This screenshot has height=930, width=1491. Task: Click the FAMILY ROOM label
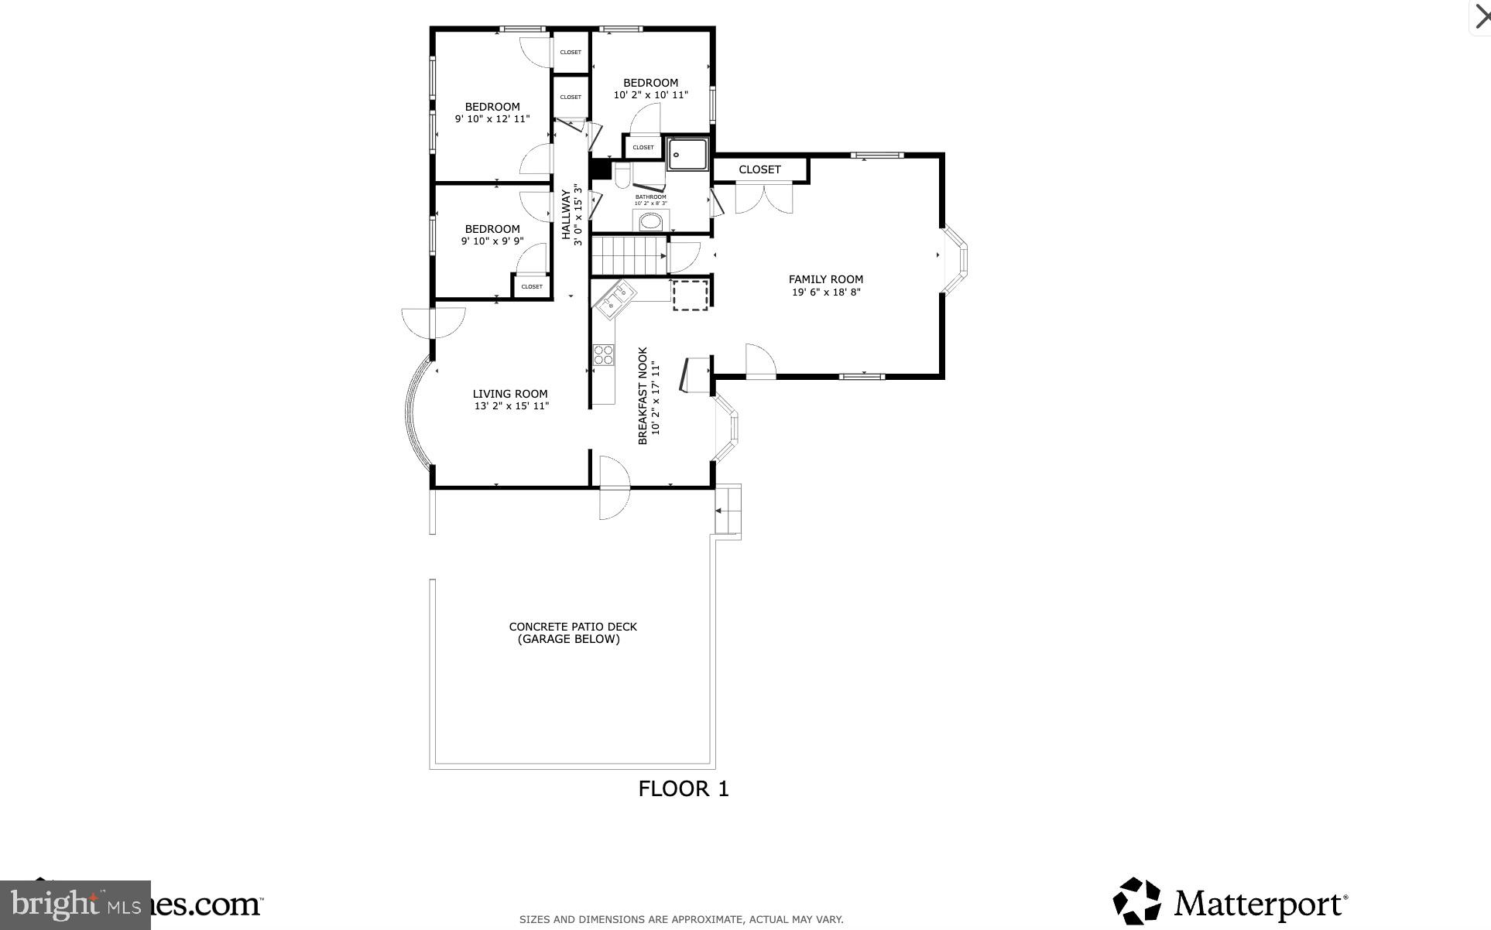[825, 279]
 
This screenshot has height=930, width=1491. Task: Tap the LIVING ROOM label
[510, 394]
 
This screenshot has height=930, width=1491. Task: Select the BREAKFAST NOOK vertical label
[643, 395]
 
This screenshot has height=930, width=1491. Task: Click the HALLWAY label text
[566, 214]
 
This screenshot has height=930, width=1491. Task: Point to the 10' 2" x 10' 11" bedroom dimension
[650, 95]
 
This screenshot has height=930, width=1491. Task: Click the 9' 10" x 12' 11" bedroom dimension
[492, 119]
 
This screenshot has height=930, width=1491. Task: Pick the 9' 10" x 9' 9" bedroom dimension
[492, 241]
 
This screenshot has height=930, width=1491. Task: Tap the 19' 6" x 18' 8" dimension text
[825, 292]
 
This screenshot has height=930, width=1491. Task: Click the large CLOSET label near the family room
[759, 169]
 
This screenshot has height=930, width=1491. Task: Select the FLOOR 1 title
[684, 789]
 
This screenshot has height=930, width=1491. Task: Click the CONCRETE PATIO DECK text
[573, 627]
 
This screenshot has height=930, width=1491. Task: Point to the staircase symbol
[629, 255]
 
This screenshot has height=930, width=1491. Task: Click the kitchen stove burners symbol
[603, 355]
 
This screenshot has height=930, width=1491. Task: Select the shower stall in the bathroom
[687, 154]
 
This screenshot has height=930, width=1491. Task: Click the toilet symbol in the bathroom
[622, 176]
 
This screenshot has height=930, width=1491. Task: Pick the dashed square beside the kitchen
[690, 295]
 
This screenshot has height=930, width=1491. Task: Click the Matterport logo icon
[1136, 901]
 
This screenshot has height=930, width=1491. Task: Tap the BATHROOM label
[650, 197]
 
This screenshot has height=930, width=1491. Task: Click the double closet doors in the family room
[763, 197]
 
